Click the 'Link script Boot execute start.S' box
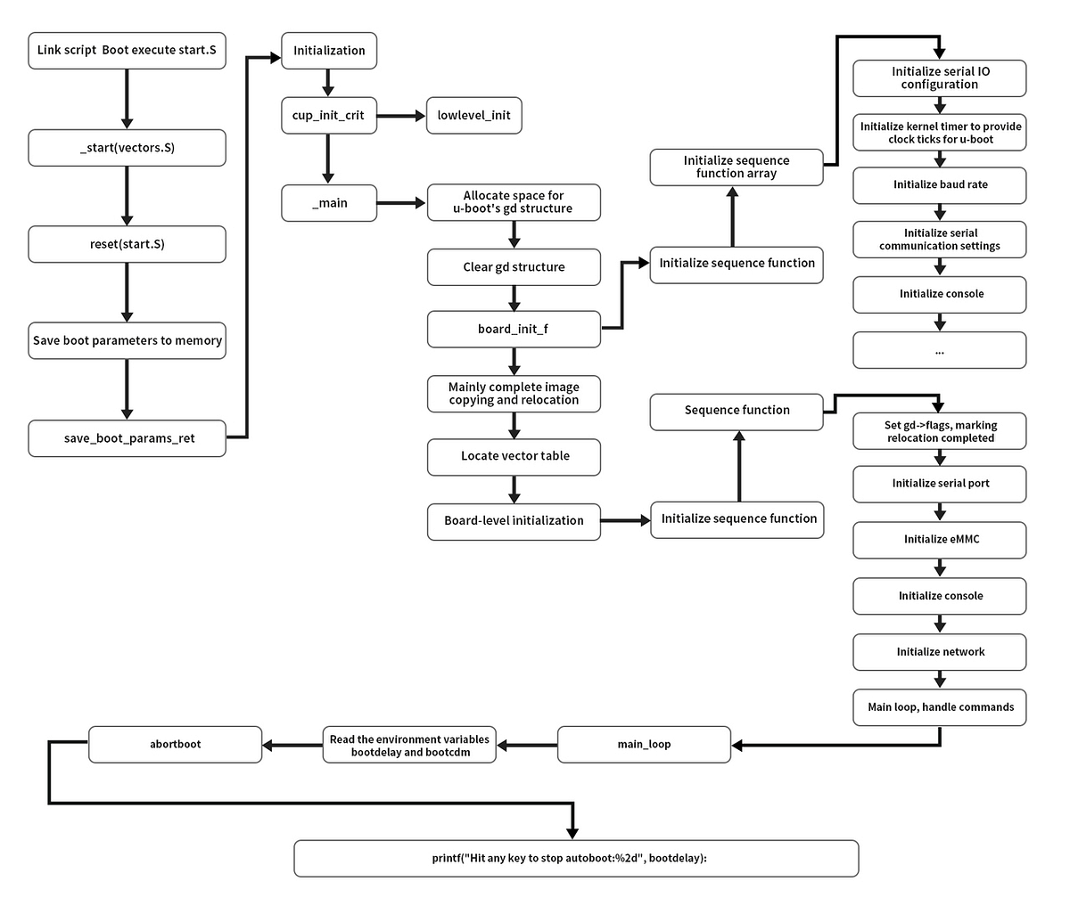(127, 51)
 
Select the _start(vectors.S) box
(127, 148)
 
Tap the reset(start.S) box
(127, 244)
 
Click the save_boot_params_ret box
(127, 438)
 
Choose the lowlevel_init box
(473, 116)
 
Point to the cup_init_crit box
(328, 116)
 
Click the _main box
(328, 203)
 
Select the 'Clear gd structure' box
(514, 267)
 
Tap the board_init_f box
(514, 329)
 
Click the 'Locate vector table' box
(514, 456)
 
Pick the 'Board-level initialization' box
(514, 520)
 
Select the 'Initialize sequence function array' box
(736, 167)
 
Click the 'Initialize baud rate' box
(940, 185)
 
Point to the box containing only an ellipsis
(940, 350)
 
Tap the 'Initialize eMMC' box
(940, 540)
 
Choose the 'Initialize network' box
(940, 652)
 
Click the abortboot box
(176, 745)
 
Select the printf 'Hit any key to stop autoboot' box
(576, 859)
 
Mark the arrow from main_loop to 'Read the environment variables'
(528, 745)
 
